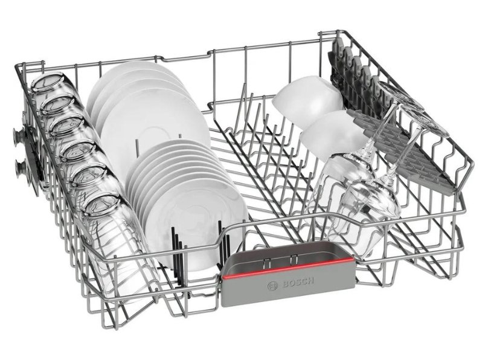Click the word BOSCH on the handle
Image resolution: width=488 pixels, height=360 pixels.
coord(297,283)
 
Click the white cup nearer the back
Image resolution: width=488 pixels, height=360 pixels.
coord(307,97)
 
